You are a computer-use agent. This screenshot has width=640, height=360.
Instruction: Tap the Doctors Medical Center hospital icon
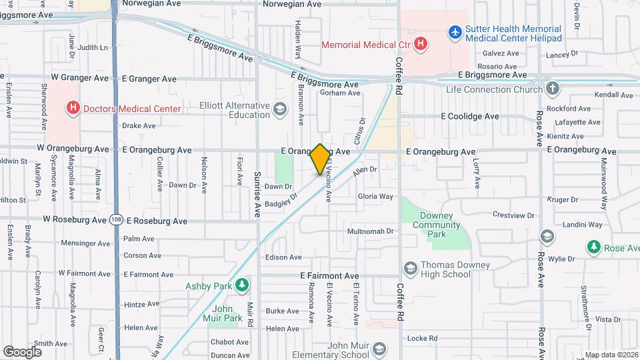73,108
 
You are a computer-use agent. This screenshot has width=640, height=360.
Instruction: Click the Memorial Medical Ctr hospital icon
421,45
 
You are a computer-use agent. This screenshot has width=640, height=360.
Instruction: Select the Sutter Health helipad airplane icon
455,31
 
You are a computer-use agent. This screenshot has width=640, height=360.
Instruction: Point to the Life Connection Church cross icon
552,89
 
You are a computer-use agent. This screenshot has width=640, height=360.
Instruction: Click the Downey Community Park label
437,225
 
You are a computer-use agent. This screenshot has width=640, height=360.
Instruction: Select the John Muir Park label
227,313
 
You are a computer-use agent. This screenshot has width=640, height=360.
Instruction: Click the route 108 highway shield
117,219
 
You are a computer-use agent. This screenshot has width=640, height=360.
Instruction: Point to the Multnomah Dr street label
371,231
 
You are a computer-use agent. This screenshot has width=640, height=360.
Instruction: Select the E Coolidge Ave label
469,116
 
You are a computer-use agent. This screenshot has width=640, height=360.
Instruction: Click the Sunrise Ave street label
257,194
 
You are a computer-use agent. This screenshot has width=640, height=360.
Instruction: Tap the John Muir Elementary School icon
379,349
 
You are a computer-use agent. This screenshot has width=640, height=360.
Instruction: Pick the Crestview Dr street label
513,215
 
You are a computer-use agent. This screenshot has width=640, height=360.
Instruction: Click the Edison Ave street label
283,257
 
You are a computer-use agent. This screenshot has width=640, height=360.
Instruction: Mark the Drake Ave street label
139,125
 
